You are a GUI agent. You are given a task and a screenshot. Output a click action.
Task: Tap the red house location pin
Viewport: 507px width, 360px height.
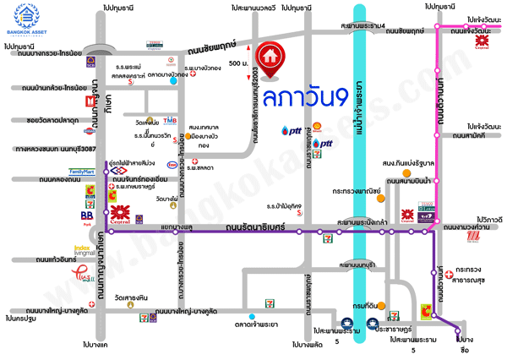point(270,55)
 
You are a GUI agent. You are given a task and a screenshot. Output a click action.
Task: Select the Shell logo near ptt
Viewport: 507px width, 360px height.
point(317,128)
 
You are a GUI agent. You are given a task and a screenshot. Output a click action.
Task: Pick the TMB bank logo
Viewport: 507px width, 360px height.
point(170,121)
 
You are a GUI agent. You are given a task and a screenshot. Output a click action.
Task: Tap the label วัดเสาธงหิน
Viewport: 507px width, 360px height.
point(131,298)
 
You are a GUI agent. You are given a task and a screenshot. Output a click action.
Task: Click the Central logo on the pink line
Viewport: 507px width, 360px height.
point(482,41)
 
